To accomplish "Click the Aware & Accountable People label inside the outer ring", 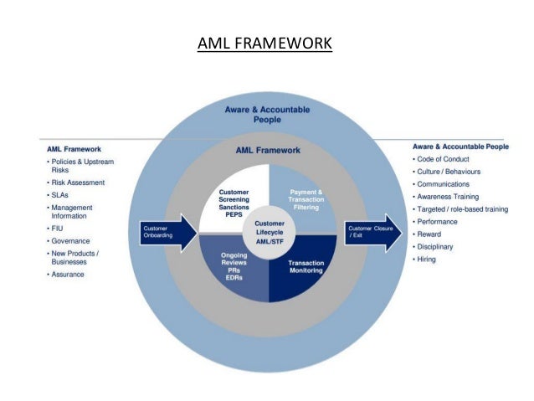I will (x=267, y=114).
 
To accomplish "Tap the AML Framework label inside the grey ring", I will (x=267, y=151).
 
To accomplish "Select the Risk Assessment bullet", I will (x=78, y=182).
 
